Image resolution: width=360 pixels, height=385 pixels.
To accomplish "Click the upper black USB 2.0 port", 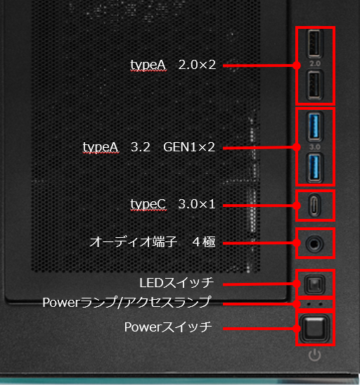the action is coord(314,43).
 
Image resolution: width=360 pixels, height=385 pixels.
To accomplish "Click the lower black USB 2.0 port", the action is coord(314,84).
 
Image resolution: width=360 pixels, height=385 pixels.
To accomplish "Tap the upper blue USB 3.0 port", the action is coord(314,127).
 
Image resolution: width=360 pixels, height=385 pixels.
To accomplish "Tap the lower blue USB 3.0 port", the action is coord(314,168).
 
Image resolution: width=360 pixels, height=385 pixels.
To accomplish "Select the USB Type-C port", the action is coord(314,206).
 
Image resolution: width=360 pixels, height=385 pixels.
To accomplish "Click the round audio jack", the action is coord(314,244).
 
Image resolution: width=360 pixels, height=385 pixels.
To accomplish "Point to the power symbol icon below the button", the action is coord(314,355).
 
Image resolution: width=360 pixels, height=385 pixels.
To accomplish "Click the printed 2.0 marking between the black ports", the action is coord(315,64).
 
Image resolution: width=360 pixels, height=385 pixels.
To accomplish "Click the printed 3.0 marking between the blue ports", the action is coord(315,147).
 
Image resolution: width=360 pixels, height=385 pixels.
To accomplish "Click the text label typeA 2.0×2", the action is coord(173,65).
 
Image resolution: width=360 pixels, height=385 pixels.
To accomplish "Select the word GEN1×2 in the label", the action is coord(189,147).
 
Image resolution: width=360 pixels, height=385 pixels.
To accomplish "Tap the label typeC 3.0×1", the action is coord(173,204).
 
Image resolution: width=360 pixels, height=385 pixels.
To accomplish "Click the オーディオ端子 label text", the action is coord(133,242).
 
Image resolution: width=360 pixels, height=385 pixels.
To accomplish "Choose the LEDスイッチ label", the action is coord(176,283).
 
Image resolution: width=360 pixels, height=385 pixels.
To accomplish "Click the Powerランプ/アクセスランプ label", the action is coord(127,302).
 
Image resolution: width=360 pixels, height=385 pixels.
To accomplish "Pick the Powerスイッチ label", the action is coord(168,327).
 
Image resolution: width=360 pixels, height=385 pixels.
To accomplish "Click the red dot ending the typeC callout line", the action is coord(297,206).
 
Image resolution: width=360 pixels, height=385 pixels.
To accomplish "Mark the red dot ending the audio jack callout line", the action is coord(297,243).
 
